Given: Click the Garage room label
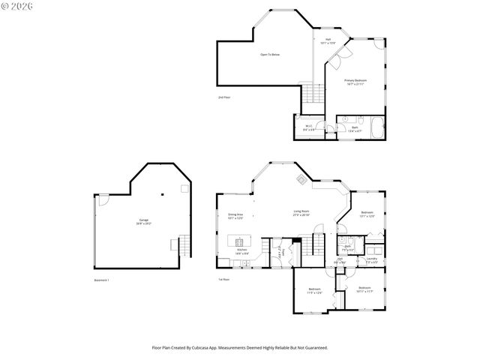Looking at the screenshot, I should pos(142,221).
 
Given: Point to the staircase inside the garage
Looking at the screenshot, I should pos(181,244).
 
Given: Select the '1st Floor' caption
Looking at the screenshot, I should pos(223,280).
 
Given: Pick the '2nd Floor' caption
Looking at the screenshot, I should pos(223,97).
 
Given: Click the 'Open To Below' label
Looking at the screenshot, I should pos(270,55).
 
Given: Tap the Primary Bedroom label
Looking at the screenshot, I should pos(355,81).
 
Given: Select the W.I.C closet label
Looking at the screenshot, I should pos(307,127).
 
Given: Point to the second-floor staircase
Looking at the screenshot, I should pos(311,94).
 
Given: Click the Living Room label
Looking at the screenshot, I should pos(301,213).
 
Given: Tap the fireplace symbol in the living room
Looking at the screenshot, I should pos(301,179).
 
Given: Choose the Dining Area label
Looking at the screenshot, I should pos(235,216).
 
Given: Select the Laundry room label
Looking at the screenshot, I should pos(371,259).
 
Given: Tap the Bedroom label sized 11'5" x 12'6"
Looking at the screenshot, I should pos(315,291).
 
